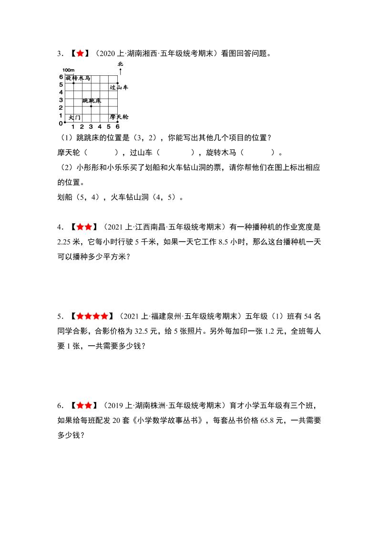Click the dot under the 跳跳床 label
[91, 106]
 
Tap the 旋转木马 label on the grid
[78, 78]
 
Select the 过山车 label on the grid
[119, 88]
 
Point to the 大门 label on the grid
[75, 117]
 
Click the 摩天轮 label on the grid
[119, 116]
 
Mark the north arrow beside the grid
[120, 71]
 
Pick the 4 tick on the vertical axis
[61, 92]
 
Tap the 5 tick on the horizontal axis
[109, 127]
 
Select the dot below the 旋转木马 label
[73, 83]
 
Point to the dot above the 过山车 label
[118, 83]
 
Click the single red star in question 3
[80, 54]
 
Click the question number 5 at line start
[60, 316]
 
